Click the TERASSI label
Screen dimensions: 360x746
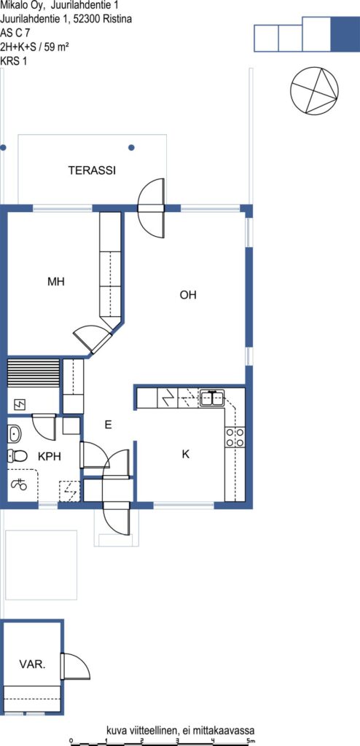(92, 170)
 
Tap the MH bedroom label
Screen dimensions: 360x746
(55, 282)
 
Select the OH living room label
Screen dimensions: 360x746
(188, 295)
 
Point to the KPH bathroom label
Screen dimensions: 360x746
(50, 456)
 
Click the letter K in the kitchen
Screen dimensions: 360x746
(186, 455)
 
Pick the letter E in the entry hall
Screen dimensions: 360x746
(108, 425)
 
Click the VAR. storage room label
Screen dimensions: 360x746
(32, 664)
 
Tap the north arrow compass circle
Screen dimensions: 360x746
(314, 90)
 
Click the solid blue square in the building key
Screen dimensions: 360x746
(345, 34)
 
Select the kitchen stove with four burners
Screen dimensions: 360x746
(235, 437)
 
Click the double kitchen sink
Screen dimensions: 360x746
(212, 398)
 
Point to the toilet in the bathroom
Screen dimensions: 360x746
(17, 456)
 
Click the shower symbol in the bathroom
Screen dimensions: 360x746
(20, 484)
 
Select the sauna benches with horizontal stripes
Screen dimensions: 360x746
(34, 374)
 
